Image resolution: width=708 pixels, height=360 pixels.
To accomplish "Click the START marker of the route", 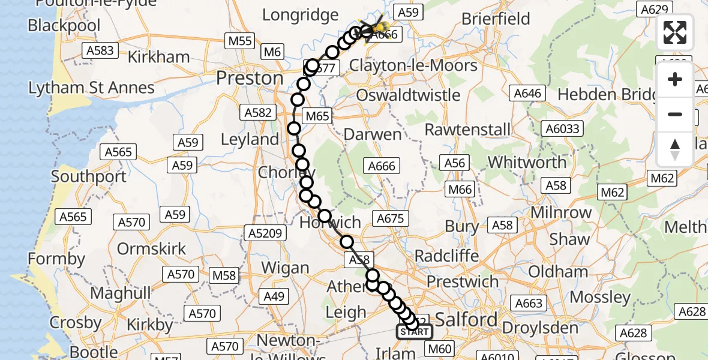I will point(414,332).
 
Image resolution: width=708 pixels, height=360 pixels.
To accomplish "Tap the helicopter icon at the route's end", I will point(373,26).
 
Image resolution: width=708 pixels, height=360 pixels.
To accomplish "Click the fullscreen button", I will point(675,33).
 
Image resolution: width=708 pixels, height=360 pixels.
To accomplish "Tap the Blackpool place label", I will point(64,26).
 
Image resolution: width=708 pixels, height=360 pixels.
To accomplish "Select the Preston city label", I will point(250,78).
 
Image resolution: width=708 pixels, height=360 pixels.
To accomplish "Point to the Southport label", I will point(89,176).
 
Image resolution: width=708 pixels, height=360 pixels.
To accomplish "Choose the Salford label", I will point(467,319).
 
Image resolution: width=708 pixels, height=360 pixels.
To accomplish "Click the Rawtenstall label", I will point(467,130).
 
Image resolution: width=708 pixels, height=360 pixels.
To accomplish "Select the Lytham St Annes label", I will point(91,88).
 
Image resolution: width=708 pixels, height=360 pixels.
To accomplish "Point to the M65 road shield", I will point(317,116).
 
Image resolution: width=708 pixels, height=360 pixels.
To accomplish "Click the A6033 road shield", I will point(562,128).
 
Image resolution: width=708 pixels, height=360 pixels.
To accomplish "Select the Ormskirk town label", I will point(151,248).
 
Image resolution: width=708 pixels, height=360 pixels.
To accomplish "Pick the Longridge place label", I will point(300,14).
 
